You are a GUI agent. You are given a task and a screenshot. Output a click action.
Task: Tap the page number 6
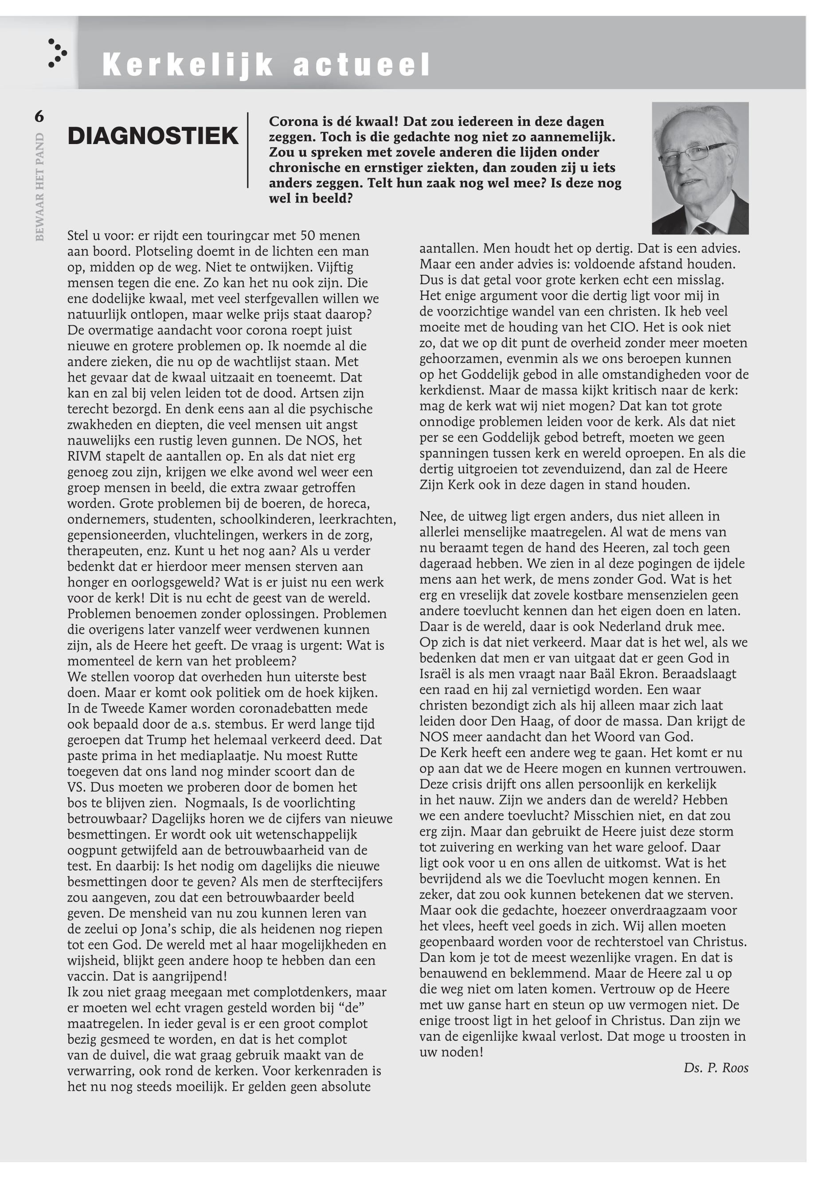pyautogui.click(x=39, y=117)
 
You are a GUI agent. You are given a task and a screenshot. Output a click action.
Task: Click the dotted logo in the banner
pyautogui.click(x=57, y=53)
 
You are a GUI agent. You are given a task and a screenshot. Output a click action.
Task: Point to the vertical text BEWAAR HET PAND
pyautogui.click(x=40, y=187)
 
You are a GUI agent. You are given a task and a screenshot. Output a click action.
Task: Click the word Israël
pyautogui.click(x=437, y=674)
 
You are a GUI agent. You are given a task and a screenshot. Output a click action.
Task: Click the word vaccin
pyautogui.click(x=88, y=976)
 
